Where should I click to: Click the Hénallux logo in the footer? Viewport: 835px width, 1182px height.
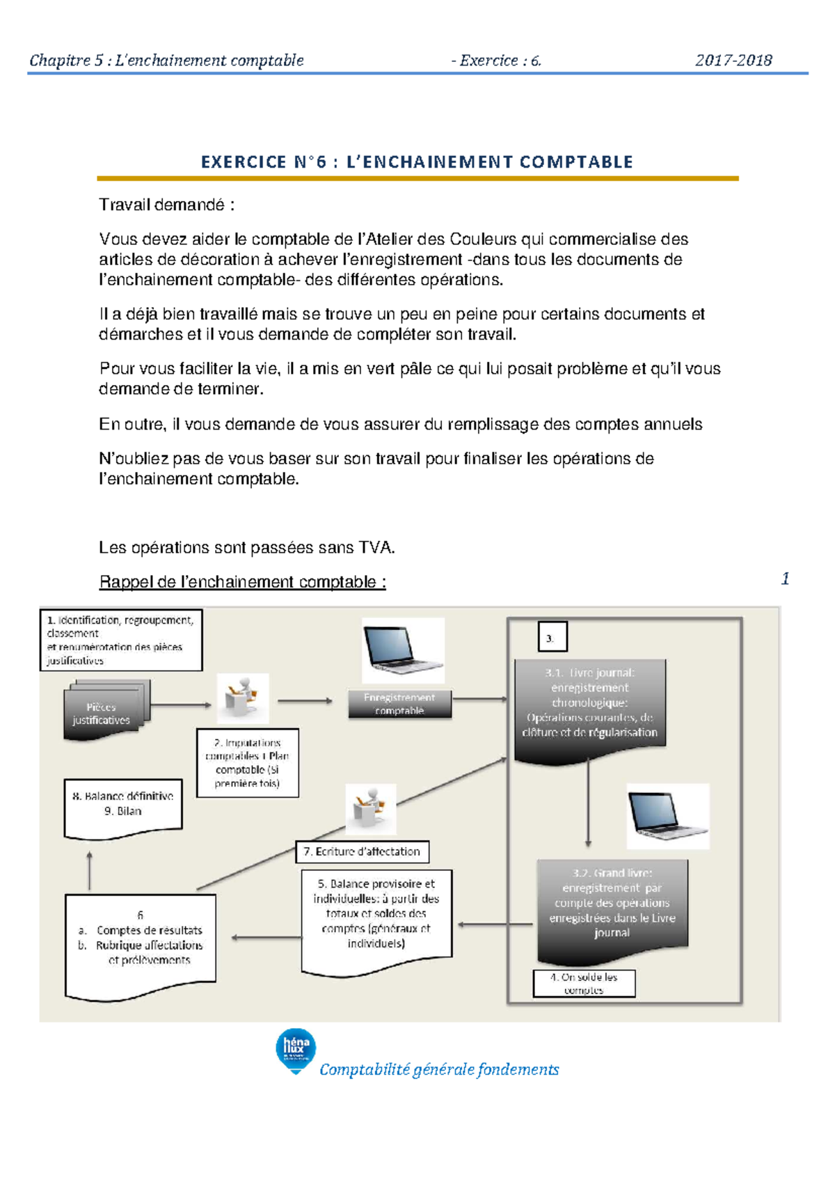tap(296, 1050)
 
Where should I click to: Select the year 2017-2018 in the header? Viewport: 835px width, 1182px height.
tap(733, 61)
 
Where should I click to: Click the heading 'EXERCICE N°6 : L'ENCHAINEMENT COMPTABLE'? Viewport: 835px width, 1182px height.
tap(417, 162)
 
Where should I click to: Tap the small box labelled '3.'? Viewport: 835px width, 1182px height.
tap(552, 637)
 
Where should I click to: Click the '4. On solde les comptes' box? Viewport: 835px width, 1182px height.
tap(584, 983)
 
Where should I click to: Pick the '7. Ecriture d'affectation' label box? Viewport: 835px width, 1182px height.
tap(362, 851)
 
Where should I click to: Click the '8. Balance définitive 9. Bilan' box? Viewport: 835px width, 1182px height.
tap(123, 805)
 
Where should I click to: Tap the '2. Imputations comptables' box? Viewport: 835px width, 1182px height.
tap(247, 763)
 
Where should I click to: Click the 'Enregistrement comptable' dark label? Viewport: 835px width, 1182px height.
tap(399, 704)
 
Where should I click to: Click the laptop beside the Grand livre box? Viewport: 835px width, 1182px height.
tap(667, 816)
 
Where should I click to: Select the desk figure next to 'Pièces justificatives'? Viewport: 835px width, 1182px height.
tap(242, 698)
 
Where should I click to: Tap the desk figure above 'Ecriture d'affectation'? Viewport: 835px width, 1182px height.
tap(370, 809)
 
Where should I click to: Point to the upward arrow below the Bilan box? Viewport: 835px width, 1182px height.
tap(89, 870)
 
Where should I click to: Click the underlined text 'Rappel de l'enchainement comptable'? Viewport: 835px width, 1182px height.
tap(242, 582)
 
